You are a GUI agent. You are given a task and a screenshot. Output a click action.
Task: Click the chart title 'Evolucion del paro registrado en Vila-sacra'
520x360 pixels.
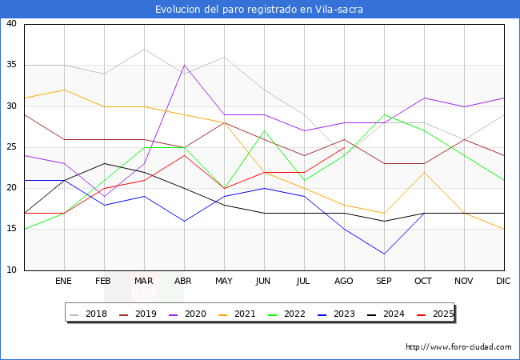[260, 9]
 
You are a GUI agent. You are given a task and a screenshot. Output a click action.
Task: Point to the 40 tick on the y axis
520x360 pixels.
[12, 24]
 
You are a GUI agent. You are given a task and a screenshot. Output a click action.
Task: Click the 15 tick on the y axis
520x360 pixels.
[12, 230]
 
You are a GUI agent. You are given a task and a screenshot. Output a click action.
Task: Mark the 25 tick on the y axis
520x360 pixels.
[12, 147]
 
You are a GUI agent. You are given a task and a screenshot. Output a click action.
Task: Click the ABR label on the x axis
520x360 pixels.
[184, 282]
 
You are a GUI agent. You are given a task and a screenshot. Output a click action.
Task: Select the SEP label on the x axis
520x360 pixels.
[384, 282]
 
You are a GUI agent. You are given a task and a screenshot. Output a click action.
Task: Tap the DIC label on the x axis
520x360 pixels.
[504, 282]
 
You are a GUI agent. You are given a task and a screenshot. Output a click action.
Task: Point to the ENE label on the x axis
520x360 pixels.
[64, 282]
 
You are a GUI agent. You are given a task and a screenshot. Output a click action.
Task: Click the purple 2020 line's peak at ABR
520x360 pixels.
[184, 66]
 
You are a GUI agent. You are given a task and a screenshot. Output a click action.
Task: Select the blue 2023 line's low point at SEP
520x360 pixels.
[384, 254]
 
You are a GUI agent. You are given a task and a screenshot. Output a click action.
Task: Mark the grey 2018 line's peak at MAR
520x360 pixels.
[144, 49]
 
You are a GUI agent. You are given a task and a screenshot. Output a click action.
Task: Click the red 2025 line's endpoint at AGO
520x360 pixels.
[344, 147]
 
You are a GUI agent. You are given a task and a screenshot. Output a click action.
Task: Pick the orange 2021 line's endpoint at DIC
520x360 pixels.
[504, 230]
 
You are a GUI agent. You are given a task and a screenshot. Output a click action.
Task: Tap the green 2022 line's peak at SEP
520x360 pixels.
[384, 114]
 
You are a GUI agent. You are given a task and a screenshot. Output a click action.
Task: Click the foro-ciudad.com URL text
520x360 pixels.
[458, 347]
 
